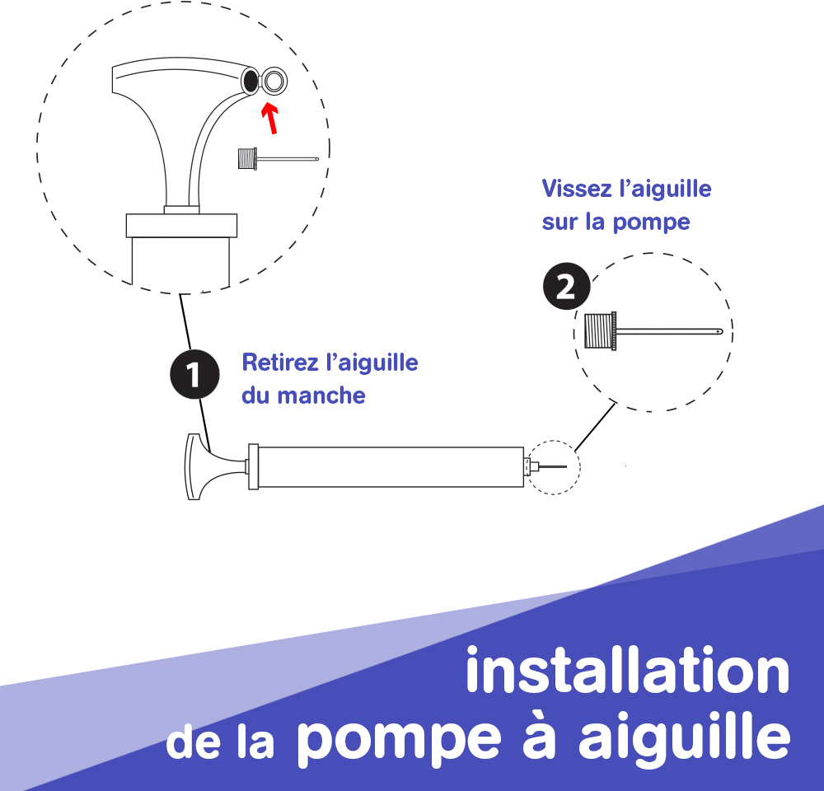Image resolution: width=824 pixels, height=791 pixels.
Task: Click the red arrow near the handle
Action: tap(270, 118)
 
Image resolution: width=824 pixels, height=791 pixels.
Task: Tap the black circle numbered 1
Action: tap(194, 374)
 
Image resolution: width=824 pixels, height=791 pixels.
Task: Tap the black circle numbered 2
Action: tap(567, 286)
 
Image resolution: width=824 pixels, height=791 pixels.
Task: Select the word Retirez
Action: tap(280, 363)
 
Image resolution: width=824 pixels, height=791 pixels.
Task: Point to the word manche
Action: tap(321, 395)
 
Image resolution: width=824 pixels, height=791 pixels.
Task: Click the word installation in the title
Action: tap(627, 670)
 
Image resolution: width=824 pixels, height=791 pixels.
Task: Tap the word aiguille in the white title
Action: tap(684, 733)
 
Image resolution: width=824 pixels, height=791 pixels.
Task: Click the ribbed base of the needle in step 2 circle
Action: tap(600, 330)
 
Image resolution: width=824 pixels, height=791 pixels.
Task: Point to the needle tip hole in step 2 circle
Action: tap(719, 331)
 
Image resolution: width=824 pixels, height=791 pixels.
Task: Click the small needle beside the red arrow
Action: tap(278, 158)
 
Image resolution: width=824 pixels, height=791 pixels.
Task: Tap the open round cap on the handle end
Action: tap(274, 81)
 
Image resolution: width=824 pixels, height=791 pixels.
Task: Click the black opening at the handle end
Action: tap(250, 81)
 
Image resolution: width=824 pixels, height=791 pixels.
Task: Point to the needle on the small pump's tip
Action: tap(553, 466)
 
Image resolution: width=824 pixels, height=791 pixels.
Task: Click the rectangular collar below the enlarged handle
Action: tap(181, 226)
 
